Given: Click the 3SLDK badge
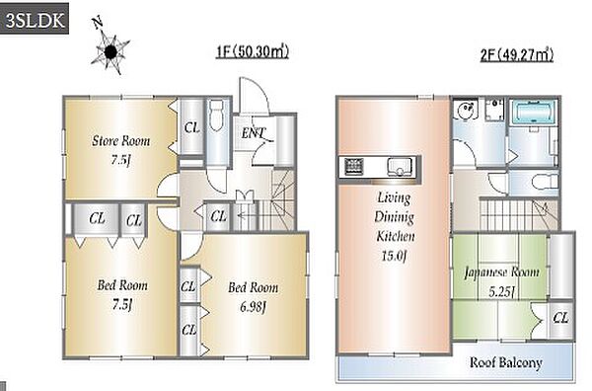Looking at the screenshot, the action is click(34, 19).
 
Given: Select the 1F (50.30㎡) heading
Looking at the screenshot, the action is click(253, 51).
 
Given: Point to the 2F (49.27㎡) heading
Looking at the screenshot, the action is click(517, 55).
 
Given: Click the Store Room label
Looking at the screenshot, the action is click(120, 141).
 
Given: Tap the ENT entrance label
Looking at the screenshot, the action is click(254, 133).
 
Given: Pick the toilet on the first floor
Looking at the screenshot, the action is click(217, 115).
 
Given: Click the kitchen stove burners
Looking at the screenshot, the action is click(354, 167).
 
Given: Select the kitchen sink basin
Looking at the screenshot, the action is click(399, 167).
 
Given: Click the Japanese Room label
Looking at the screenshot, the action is click(501, 272).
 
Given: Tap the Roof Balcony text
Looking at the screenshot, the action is click(506, 362).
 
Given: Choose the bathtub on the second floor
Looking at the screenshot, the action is click(534, 113).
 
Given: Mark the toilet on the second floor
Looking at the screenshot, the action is click(545, 182).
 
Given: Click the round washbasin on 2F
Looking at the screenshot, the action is click(466, 111).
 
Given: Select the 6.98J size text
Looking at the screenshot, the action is click(253, 307).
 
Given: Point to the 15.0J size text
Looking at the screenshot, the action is click(394, 257).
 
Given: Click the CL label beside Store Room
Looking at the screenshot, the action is click(191, 127).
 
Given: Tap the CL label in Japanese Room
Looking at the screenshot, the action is click(560, 318).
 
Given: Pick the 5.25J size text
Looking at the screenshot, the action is click(501, 291).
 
